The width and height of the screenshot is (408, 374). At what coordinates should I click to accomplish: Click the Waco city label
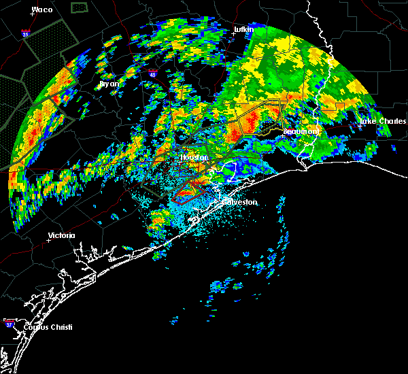pos(42,10)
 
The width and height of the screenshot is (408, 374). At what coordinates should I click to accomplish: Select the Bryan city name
pos(109,84)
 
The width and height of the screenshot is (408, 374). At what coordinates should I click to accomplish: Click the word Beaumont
pos(301,131)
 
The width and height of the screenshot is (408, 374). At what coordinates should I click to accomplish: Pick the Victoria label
pos(62,236)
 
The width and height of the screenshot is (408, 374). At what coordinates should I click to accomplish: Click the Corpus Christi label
pos(47,327)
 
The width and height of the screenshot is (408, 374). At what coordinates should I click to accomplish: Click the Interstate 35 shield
pos(26,32)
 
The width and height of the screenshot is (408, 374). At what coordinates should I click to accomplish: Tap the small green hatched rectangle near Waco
pos(80,7)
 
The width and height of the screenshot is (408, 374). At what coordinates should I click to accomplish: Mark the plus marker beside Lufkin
pos(233,35)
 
